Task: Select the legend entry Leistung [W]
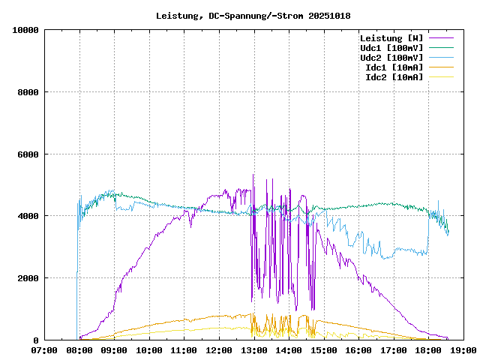pyautogui.click(x=391, y=38)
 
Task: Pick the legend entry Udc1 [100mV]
pyautogui.click(x=391, y=48)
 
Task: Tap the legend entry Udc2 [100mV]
pyautogui.click(x=391, y=58)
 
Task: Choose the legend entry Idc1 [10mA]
pyautogui.click(x=394, y=67)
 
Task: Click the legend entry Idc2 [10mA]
pyautogui.click(x=394, y=77)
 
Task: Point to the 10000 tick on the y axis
pyautogui.click(x=25, y=30)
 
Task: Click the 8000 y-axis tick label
pyautogui.click(x=28, y=92)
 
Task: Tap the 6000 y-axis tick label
pyautogui.click(x=28, y=154)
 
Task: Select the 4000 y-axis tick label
pyautogui.click(x=28, y=216)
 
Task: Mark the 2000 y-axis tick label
pyautogui.click(x=28, y=278)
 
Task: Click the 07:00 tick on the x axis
pyautogui.click(x=45, y=350)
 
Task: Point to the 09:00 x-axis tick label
pyautogui.click(x=115, y=350)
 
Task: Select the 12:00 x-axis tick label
pyautogui.click(x=219, y=350)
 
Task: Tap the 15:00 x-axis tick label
pyautogui.click(x=323, y=350)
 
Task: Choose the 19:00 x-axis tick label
pyautogui.click(x=462, y=350)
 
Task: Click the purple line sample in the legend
pyautogui.click(x=441, y=38)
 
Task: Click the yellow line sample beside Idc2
pyautogui.click(x=441, y=77)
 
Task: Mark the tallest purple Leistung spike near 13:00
pyautogui.click(x=253, y=175)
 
